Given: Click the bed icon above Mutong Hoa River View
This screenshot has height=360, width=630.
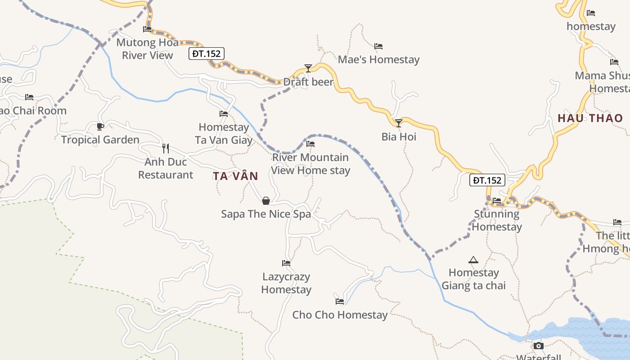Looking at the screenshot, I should (147, 29).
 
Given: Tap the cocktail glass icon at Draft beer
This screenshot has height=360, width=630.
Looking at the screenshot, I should (308, 68).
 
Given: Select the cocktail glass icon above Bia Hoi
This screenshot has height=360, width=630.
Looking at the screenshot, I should (399, 123).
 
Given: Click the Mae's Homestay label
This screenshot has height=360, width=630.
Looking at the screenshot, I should (378, 59).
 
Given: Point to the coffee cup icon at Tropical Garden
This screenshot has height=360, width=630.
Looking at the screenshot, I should (100, 126).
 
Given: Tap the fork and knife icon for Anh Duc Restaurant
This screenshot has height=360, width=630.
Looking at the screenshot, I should (166, 148).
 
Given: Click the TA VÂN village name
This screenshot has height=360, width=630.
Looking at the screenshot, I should (236, 176).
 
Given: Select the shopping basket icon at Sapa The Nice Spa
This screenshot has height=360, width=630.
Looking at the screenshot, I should (266, 201).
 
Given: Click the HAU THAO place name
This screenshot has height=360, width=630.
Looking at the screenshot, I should (590, 118).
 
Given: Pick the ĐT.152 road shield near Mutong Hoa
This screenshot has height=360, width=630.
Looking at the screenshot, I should (206, 54).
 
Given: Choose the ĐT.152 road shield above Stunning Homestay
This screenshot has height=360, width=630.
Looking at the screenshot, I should (487, 180).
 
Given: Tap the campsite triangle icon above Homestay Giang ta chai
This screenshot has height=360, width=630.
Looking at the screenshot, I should (473, 260).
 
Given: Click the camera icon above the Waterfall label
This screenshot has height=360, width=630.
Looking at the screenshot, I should (539, 346).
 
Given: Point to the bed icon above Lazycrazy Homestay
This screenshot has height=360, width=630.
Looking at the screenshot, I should (286, 263).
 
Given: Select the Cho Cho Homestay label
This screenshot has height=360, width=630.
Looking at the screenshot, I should (340, 315).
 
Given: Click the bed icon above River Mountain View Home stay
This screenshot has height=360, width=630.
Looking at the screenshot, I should (310, 144).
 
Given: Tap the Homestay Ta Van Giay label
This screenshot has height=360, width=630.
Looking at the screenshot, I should (224, 134).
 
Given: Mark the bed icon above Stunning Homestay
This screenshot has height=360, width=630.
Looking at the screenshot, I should (497, 201).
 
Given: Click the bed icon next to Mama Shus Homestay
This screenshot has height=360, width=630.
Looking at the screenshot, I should (614, 62).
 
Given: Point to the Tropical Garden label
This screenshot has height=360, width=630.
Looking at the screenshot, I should (100, 140).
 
